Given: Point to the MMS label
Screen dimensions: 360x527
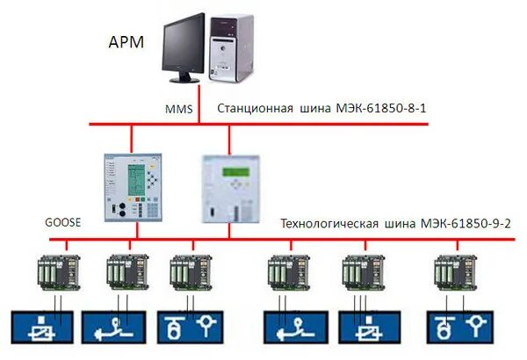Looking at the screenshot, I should (x=178, y=111).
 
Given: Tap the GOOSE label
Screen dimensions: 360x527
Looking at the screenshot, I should (x=62, y=223).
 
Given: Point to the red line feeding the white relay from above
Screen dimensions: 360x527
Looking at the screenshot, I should (x=229, y=139).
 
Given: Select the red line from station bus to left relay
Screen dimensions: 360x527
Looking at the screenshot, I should (x=131, y=139).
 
